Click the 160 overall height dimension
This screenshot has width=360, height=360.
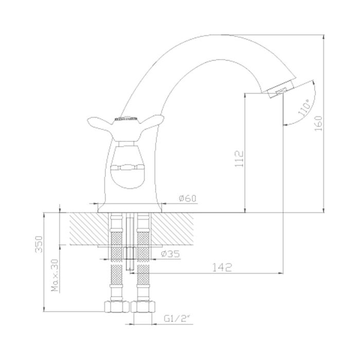[318, 123]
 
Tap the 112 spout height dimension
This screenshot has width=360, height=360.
[239, 159]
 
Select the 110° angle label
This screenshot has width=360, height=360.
[304, 107]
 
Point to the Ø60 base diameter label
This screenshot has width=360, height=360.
[188, 198]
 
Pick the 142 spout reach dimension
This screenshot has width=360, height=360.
[222, 267]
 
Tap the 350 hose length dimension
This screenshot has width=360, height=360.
[39, 244]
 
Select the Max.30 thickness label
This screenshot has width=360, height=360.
[55, 275]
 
